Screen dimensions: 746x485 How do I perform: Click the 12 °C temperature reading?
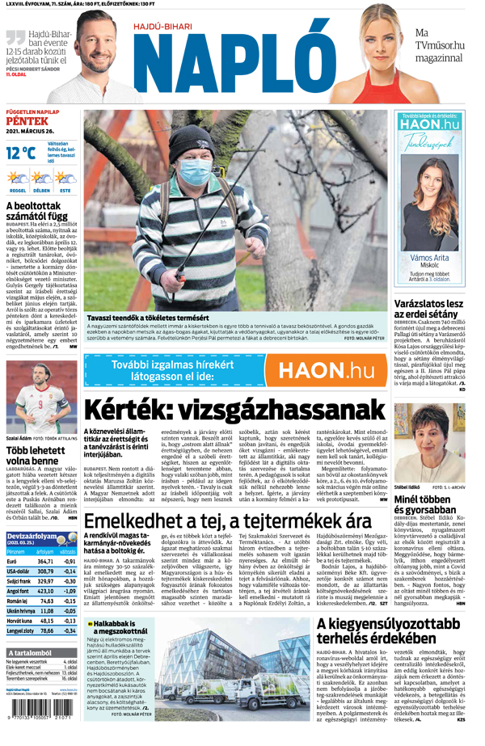click(x=21, y=152)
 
